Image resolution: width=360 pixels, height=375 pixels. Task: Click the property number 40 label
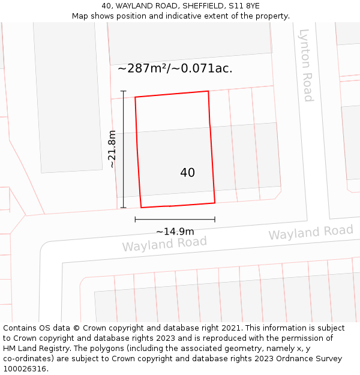pos(187,173)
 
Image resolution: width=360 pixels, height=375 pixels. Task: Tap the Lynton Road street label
pos(306,65)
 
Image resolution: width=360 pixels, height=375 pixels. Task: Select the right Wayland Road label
pos(311,232)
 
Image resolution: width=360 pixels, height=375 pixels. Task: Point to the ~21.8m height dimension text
pos(112,149)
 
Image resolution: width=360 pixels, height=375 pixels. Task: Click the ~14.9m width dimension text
pos(175,232)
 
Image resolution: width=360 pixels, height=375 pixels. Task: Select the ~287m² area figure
pos(143,68)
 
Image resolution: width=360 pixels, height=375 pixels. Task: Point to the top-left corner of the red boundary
pos(135,97)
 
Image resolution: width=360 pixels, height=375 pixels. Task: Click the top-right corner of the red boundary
pos(208,91)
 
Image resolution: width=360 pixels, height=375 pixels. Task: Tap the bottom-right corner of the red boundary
pos(215,203)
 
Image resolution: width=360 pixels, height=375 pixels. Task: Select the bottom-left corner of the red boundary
pos(141,208)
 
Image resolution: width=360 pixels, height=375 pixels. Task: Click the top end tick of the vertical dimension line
pos(124,91)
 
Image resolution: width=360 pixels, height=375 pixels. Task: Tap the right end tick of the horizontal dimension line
pos(215,220)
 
